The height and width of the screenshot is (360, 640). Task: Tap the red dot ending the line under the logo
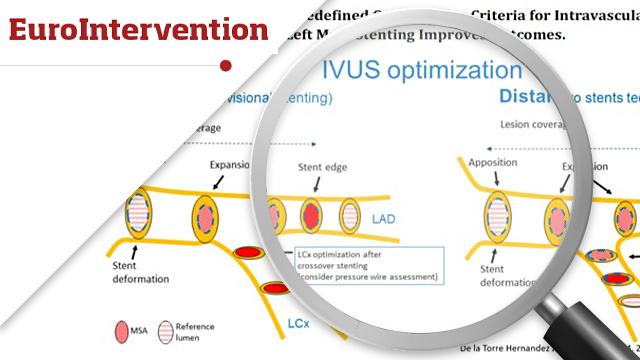[225, 66]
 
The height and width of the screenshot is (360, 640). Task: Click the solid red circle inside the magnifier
[311, 214]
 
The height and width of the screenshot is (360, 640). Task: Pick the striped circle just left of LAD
[351, 215]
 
